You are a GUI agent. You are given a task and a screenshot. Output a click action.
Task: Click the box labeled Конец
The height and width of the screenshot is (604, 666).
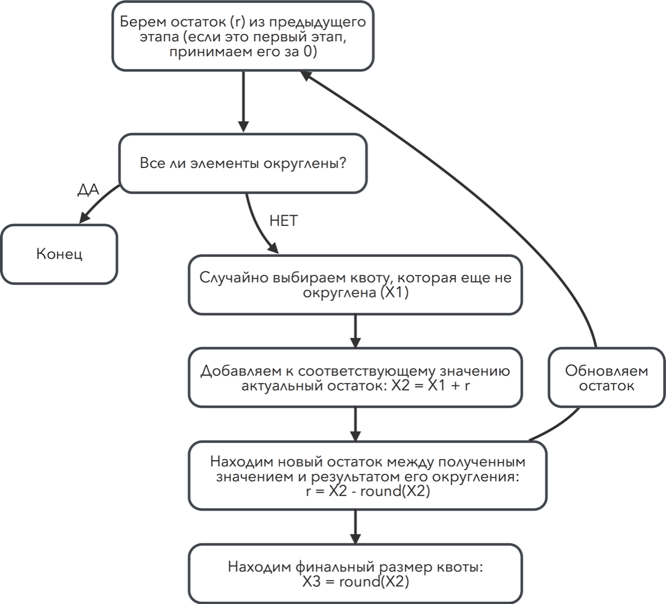tap(59, 254)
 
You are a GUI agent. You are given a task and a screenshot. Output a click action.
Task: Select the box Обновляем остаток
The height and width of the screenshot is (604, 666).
tap(607, 378)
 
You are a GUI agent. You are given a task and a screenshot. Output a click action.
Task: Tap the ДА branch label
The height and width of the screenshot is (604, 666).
tap(88, 190)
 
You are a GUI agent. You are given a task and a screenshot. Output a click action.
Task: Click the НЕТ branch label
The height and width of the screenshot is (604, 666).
tap(284, 221)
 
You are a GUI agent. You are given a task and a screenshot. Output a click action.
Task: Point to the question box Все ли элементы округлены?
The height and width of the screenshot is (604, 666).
tap(243, 164)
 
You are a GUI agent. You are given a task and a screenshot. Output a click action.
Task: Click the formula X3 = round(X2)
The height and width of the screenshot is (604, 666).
tap(356, 582)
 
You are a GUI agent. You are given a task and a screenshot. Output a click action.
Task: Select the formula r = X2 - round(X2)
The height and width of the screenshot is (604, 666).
tap(368, 491)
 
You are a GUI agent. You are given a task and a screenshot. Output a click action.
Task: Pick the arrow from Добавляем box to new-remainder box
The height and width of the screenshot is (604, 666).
tap(356, 424)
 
